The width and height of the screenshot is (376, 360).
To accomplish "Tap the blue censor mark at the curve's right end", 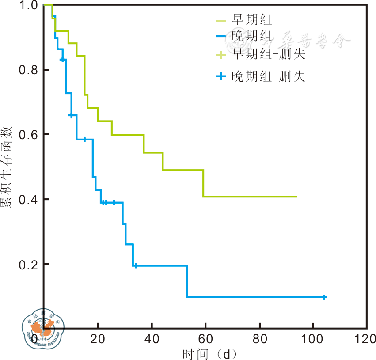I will (324, 297).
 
